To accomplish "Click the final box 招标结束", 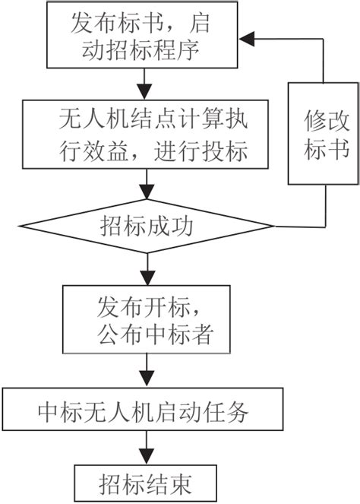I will (x=145, y=481).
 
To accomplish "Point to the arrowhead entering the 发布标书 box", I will (x=246, y=36).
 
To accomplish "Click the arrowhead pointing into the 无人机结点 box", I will (x=145, y=93).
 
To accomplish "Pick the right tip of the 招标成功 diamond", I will (x=272, y=226).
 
